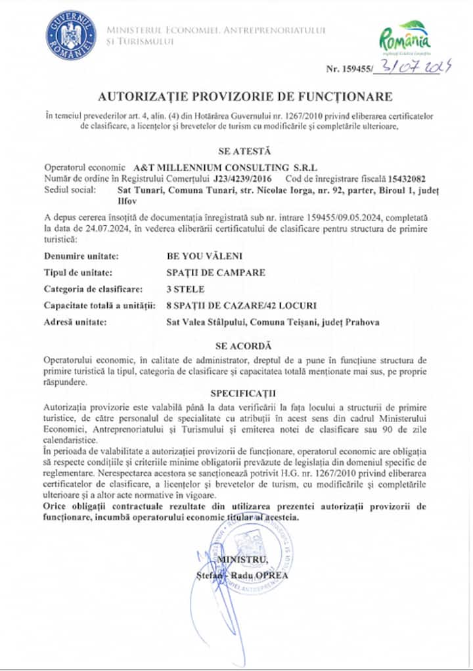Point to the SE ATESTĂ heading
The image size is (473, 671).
[x=236, y=150]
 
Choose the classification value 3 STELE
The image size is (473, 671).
[x=186, y=288]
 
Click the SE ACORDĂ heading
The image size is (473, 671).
[x=236, y=345]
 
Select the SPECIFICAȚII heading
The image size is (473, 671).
[x=236, y=394]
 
